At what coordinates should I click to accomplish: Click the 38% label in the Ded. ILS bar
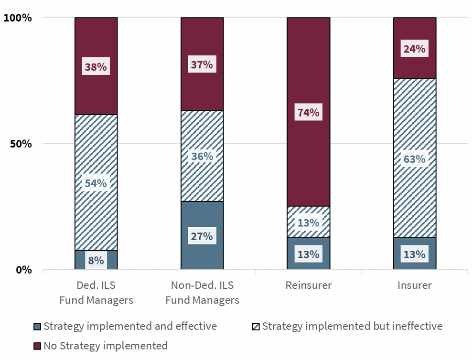tap(96, 67)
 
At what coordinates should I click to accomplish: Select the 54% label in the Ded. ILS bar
tap(96, 183)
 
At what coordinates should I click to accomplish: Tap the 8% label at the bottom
tap(96, 261)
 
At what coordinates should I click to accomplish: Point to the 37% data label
tap(202, 64)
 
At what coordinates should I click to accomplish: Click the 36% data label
tap(202, 157)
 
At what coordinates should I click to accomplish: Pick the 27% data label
tap(202, 236)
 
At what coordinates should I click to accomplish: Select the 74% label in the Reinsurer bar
tap(308, 113)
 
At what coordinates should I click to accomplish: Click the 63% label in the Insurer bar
tap(414, 159)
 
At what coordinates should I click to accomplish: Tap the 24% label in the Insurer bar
tap(414, 49)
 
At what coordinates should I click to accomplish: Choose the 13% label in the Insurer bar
tap(414, 254)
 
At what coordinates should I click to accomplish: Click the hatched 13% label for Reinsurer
tap(308, 222)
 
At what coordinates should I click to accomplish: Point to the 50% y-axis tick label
tap(21, 144)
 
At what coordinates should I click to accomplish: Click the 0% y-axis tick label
tap(24, 270)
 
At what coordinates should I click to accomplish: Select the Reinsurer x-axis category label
tap(308, 286)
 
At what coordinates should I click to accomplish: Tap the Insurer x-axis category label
tap(414, 286)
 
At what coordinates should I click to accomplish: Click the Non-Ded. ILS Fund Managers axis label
tap(202, 293)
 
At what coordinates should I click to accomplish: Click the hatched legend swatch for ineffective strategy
tap(256, 327)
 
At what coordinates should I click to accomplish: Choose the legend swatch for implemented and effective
tap(37, 327)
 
